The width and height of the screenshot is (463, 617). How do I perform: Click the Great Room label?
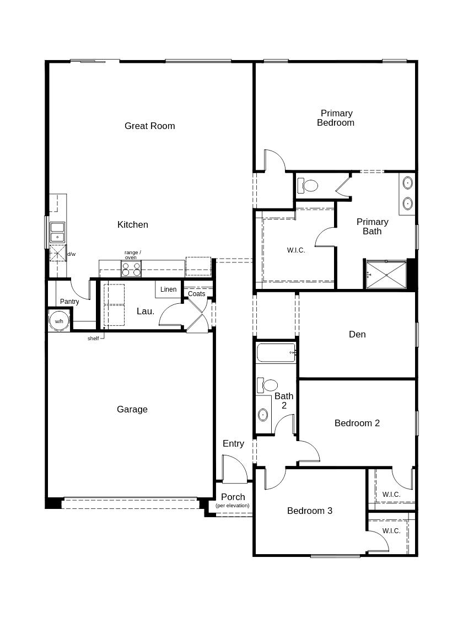(149, 126)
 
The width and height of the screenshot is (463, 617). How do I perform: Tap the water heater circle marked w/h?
(58, 320)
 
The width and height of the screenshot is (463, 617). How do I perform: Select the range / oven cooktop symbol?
(131, 269)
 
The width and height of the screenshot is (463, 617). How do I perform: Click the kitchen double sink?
(57, 232)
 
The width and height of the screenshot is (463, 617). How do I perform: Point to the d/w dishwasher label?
(71, 254)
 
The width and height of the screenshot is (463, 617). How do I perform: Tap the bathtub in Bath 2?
(276, 352)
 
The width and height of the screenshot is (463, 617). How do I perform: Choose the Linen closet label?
(168, 289)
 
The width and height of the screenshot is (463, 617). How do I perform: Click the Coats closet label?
(196, 294)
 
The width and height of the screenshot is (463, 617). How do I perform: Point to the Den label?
(357, 334)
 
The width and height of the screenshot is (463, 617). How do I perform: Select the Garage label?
(132, 409)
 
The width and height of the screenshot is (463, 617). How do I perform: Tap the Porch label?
(233, 497)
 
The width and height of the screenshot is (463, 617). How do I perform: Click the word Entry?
(233, 443)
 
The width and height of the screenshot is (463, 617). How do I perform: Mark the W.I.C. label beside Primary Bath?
(295, 250)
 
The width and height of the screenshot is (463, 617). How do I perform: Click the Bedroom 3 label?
(309, 511)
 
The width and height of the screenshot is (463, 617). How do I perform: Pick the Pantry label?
(69, 302)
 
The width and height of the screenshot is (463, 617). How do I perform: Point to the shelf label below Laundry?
(93, 338)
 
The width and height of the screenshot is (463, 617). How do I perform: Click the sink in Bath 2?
(263, 414)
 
